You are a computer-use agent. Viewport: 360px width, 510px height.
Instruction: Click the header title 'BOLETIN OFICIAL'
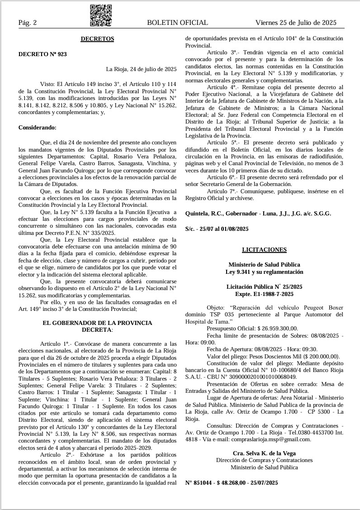177,23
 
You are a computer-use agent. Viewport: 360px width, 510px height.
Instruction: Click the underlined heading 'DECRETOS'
97,39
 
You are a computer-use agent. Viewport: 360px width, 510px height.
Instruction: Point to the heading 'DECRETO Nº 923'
43,54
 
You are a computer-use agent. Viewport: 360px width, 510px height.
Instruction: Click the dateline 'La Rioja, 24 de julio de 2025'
141,69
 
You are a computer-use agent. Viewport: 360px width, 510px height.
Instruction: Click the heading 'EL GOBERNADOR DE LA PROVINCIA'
97,323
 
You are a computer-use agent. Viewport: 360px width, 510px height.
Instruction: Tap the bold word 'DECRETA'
97,330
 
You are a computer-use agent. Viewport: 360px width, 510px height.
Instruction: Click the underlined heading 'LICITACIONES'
265,249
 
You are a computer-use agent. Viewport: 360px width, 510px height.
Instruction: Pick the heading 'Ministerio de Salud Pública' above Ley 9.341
265,264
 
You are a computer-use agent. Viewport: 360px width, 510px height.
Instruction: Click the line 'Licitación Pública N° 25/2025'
265,287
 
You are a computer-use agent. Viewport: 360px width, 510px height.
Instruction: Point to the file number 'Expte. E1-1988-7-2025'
265,294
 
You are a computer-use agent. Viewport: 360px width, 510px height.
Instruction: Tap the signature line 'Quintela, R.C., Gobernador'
222,213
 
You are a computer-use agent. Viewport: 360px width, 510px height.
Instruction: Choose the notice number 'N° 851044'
199,483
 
